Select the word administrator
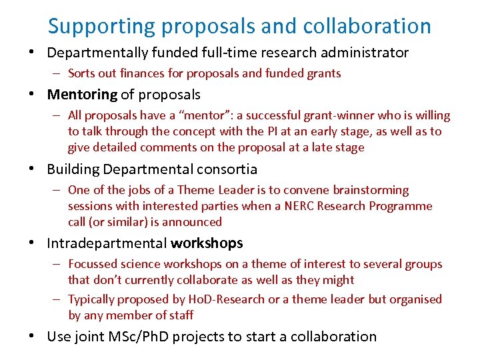pyautogui.click(x=364, y=52)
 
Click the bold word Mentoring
pyautogui.click(x=82, y=95)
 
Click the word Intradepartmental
pyautogui.click(x=107, y=243)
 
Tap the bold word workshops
pyautogui.click(x=207, y=243)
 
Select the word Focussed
pyautogui.click(x=93, y=264)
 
